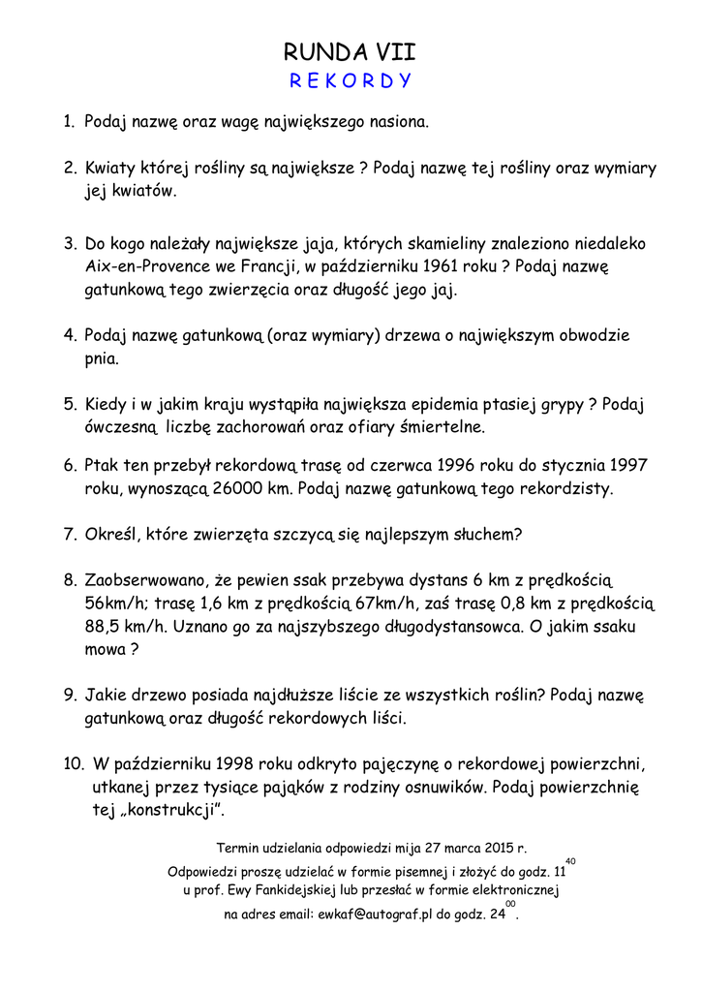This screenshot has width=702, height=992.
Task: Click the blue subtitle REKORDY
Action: pos(351,80)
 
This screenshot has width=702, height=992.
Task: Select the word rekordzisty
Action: pos(566,488)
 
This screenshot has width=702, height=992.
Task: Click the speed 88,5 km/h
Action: pos(125,626)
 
